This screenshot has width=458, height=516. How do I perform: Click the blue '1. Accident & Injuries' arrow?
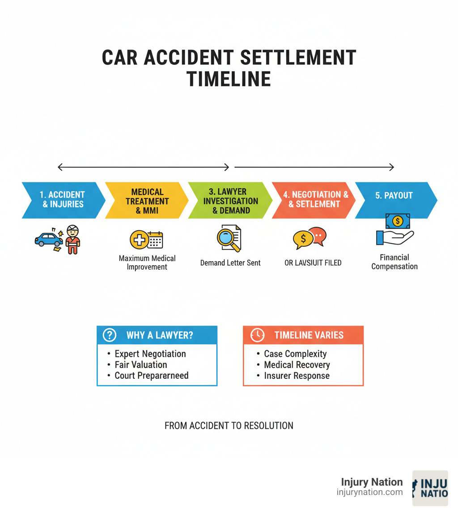tap(63, 200)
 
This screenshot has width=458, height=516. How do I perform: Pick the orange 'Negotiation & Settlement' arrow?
tap(313, 200)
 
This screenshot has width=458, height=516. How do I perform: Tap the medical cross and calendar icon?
tap(146, 240)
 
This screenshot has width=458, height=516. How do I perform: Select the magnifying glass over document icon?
tap(229, 238)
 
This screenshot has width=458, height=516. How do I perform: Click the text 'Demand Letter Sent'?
tap(230, 263)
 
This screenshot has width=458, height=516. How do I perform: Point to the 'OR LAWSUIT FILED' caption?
tap(313, 263)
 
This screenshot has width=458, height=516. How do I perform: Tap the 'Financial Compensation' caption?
tap(394, 262)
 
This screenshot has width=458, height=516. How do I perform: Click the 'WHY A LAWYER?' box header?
tap(157, 335)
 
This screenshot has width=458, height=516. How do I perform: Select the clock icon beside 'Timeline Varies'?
tap(257, 335)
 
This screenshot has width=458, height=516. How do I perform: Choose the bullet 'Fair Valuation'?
tap(141, 365)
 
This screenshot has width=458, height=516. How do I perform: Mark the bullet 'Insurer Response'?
tap(297, 376)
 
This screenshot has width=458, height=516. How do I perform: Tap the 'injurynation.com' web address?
tap(369, 492)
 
